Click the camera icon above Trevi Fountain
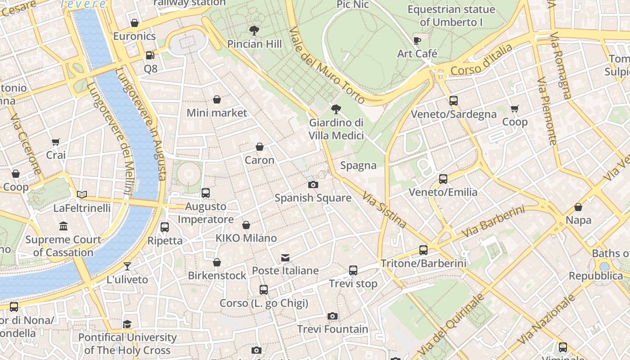pyautogui.click(x=333, y=316)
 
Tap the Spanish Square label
pyautogui.click(x=313, y=198)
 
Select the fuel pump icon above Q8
pyautogui.click(x=150, y=55)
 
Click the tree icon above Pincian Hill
pyautogui.click(x=254, y=31)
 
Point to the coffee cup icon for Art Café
pyautogui.click(x=417, y=40)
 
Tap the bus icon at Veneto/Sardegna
pyautogui.click(x=453, y=101)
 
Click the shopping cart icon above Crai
pyautogui.click(x=56, y=142)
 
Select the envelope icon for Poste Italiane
pyautogui.click(x=285, y=258)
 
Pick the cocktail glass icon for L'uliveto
pyautogui.click(x=127, y=266)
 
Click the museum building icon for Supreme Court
pyautogui.click(x=63, y=226)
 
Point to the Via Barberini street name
pyautogui.click(x=493, y=222)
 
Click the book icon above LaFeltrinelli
pyautogui.click(x=81, y=194)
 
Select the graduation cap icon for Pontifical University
pyautogui.click(x=127, y=324)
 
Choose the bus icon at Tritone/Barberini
pyautogui.click(x=423, y=250)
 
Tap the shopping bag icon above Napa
pyautogui.click(x=578, y=207)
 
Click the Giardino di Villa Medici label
pyautogui.click(x=336, y=129)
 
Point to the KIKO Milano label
pyautogui.click(x=246, y=238)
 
